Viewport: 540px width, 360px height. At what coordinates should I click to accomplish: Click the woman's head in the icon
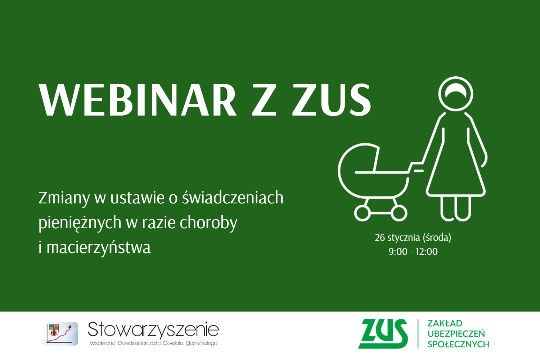tap(456, 94)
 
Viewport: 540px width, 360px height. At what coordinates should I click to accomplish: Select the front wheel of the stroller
tap(362, 213)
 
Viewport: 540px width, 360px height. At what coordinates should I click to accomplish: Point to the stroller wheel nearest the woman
tap(399, 213)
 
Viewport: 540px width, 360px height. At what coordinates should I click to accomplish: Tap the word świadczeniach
tap(233, 197)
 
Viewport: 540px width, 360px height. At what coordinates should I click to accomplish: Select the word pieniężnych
tap(80, 222)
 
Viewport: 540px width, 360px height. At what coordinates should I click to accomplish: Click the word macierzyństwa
tap(99, 248)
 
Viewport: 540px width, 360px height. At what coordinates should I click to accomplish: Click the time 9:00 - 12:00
tap(413, 252)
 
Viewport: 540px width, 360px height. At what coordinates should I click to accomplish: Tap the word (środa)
tap(437, 238)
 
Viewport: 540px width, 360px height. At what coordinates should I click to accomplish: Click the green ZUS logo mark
tap(383, 334)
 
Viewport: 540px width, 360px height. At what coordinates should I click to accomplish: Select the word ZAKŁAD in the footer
tap(445, 323)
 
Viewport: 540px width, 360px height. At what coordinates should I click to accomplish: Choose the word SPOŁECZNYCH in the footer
tap(458, 344)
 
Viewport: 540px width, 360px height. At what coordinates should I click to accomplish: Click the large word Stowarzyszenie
tap(153, 330)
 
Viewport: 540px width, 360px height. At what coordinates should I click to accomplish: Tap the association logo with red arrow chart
tap(60, 334)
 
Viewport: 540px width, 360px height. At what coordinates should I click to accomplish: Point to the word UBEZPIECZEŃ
tap(456, 334)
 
